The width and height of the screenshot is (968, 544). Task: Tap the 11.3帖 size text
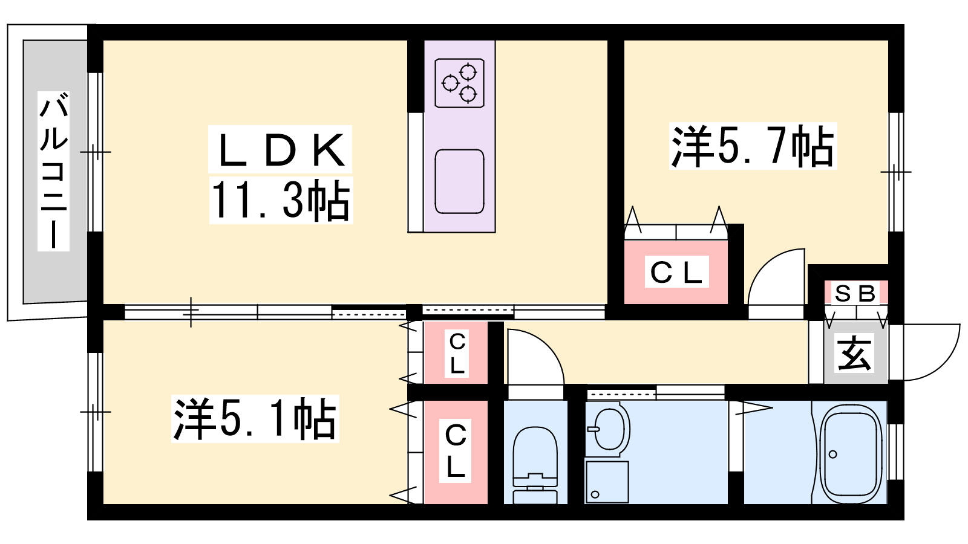tap(280, 200)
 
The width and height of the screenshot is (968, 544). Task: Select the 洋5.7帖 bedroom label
tap(752, 146)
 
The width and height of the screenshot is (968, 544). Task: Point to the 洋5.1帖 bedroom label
tap(255, 418)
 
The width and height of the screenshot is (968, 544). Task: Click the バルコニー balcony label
tap(53, 171)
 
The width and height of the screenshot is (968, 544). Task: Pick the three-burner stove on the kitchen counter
tap(460, 83)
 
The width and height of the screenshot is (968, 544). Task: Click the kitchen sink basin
tap(460, 181)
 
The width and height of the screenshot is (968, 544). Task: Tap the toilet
tap(535, 462)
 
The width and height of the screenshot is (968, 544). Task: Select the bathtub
tap(851, 453)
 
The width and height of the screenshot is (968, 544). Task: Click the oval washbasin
tap(608, 429)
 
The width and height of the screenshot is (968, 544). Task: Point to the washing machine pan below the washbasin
tap(607, 482)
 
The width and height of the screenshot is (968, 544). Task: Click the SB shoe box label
tap(855, 294)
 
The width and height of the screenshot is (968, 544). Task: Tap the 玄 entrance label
tap(855, 353)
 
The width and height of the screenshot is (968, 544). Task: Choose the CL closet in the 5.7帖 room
tap(676, 272)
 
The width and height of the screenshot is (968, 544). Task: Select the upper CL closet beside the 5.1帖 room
tap(457, 353)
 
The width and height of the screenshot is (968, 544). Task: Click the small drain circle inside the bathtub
tap(833, 455)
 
